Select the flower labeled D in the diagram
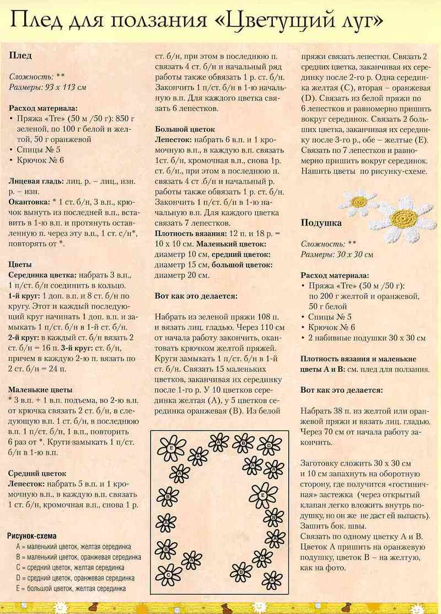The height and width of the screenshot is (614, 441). pyautogui.click(x=269, y=445)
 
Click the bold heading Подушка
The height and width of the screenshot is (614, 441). pyautogui.click(x=321, y=223)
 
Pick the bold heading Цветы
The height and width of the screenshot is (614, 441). pyautogui.click(x=20, y=264)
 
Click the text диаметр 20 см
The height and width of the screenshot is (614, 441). pyautogui.click(x=182, y=275)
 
